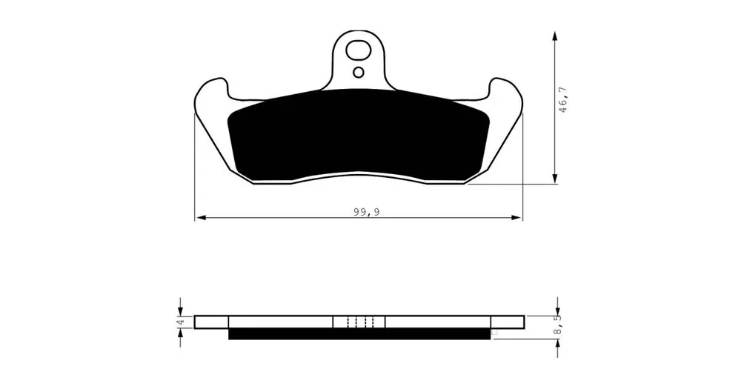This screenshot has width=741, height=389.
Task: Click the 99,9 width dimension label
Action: [367, 212]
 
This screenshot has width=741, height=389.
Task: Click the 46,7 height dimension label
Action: [562, 100]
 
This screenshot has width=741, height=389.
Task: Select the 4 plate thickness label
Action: [179, 322]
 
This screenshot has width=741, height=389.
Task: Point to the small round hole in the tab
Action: [359, 73]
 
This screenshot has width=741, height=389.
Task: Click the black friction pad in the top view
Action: [358, 136]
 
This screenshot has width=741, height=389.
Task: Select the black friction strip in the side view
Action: [359, 334]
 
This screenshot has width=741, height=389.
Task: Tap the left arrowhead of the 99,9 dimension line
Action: [201, 217]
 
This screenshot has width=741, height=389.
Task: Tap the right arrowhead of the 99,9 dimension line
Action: [516, 217]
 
